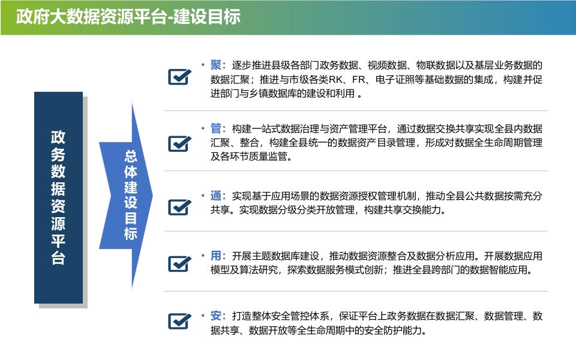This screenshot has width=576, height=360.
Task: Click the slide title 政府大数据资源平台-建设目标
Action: (128, 17)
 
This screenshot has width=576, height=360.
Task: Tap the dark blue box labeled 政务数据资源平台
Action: (58, 197)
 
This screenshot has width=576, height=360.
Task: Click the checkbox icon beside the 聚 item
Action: (179, 77)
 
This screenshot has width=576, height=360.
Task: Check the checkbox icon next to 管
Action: (179, 143)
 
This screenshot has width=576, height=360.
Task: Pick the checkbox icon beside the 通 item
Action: (179, 207)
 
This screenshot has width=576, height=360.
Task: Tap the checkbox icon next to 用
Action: (179, 264)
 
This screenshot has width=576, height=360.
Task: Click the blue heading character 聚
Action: (215, 65)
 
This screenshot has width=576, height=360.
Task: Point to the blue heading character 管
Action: (215, 128)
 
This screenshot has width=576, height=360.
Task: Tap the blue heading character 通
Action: (215, 196)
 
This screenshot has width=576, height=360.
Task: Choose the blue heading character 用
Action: (215, 256)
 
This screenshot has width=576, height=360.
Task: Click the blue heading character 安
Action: (215, 316)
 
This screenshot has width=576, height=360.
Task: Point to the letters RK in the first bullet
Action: (335, 80)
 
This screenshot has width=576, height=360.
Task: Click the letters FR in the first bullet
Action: (358, 80)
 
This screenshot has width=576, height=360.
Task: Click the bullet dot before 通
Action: (203, 196)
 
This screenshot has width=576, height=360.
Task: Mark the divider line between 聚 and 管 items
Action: (356, 110)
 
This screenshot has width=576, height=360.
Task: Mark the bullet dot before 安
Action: (203, 316)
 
